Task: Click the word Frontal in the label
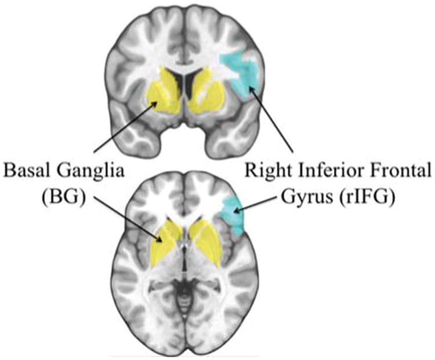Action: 400,171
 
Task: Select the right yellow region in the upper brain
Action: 208,92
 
